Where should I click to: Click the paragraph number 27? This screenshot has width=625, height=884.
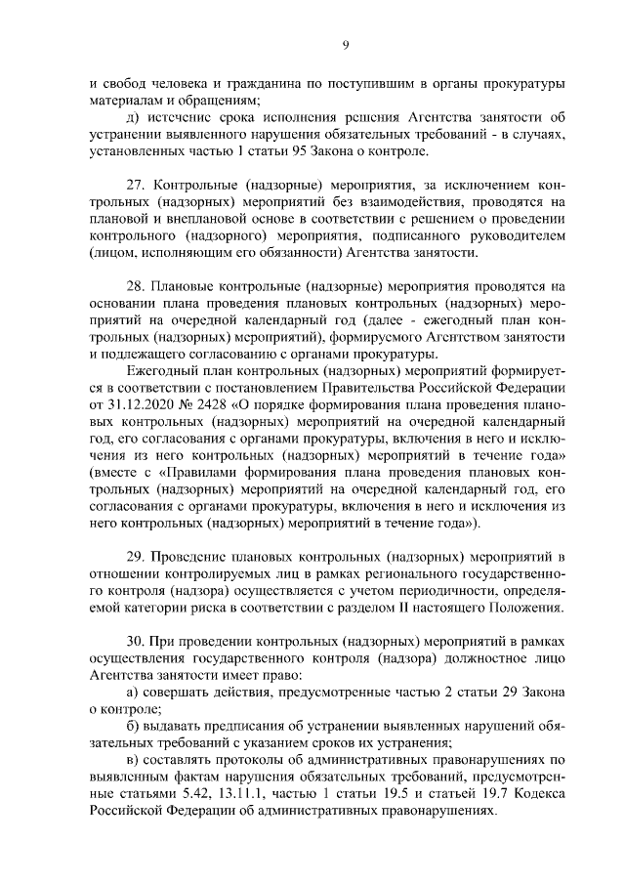coord(138,186)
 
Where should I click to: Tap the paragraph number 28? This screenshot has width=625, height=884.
coord(138,287)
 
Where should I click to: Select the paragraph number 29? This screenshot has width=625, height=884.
coord(138,559)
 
